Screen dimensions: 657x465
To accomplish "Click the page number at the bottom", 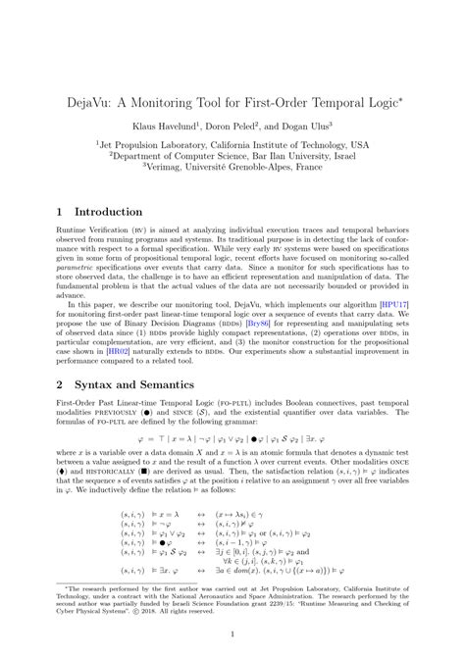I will [x=232, y=635].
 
